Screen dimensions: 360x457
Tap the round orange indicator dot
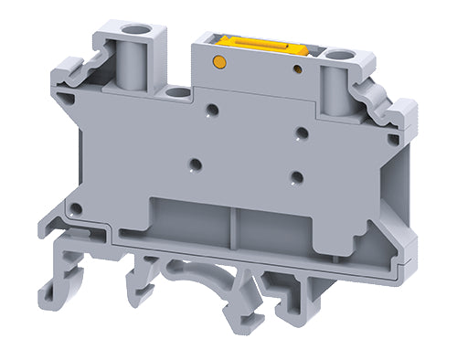(219, 61)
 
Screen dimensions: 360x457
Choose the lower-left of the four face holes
(195, 165)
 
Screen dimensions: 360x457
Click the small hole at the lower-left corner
(77, 209)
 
